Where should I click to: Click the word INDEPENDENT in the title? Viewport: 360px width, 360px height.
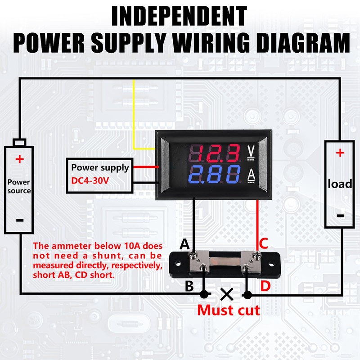click(x=180, y=17)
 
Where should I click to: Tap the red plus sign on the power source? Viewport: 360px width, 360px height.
click(x=19, y=159)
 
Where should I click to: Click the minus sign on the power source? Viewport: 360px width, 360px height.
click(x=19, y=220)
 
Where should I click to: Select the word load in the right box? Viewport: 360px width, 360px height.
click(x=340, y=184)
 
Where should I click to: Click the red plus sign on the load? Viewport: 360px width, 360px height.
click(x=340, y=153)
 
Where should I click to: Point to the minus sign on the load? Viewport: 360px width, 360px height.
click(x=341, y=216)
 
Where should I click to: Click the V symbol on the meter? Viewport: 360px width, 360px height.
click(x=251, y=152)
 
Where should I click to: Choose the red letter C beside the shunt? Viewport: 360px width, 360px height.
click(x=264, y=244)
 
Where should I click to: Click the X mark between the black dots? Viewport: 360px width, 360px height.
click(x=226, y=295)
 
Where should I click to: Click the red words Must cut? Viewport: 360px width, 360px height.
click(x=228, y=310)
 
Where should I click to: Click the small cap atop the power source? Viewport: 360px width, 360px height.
click(x=19, y=142)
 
